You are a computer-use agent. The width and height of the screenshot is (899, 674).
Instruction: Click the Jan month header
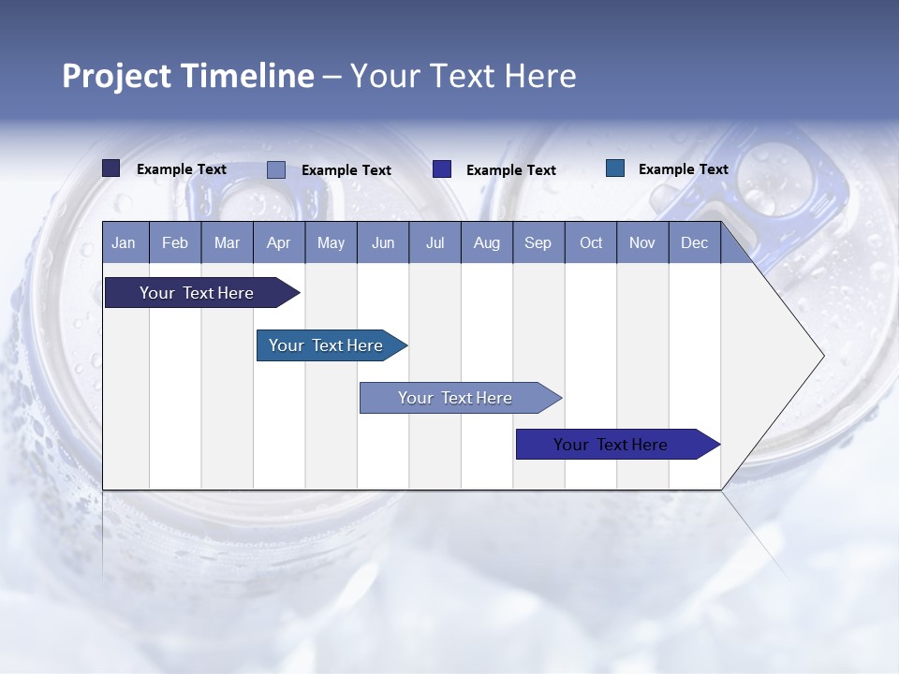click(x=124, y=243)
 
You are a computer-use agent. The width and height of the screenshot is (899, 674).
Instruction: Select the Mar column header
click(x=227, y=243)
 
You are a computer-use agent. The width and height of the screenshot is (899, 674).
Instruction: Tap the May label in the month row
click(x=331, y=243)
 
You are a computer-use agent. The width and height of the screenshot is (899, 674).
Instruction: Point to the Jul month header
click(x=435, y=243)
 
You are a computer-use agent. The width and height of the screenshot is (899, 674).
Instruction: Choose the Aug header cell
click(x=486, y=243)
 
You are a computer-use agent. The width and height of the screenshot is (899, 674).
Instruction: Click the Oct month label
click(x=591, y=243)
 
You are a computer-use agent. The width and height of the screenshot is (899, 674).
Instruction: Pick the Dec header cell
click(x=694, y=243)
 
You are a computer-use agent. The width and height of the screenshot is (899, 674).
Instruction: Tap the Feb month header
click(x=175, y=243)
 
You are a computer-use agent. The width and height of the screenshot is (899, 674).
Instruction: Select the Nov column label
click(x=641, y=243)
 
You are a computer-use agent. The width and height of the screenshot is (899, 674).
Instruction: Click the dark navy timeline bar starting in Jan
click(x=197, y=293)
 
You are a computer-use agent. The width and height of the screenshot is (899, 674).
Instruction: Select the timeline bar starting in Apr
click(x=326, y=345)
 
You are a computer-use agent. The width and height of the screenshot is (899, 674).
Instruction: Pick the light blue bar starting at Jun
click(x=455, y=398)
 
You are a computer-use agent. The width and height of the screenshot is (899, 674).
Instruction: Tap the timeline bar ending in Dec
click(x=611, y=445)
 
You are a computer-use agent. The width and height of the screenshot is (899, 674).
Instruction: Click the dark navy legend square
click(x=111, y=168)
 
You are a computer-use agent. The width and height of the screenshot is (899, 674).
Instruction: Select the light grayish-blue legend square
click(x=276, y=169)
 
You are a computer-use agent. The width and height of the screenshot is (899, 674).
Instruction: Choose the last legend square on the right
click(x=615, y=168)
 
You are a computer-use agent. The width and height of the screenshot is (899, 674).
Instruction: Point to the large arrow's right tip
click(x=821, y=356)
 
